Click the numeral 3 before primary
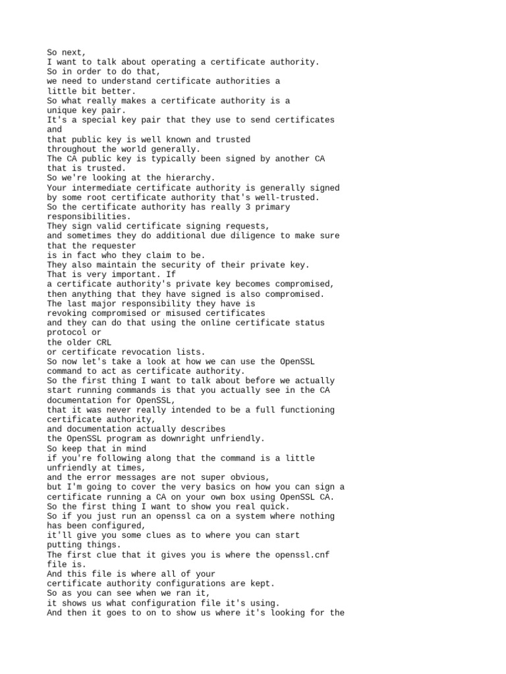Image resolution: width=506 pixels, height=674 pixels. (240, 207)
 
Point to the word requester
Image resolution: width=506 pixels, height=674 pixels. (112, 246)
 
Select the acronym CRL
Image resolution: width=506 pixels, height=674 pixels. (103, 342)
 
